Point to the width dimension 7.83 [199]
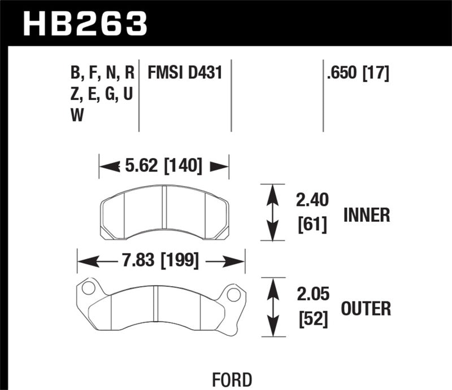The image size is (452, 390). tap(161, 260)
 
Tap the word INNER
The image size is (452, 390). tap(366, 215)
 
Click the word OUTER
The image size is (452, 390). tap(366, 309)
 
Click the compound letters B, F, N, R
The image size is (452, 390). tap(102, 73)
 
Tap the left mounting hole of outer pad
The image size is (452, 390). tap(88, 288)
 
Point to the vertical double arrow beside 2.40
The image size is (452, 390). tap(273, 212)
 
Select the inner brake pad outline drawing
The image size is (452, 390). tap(164, 211)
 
